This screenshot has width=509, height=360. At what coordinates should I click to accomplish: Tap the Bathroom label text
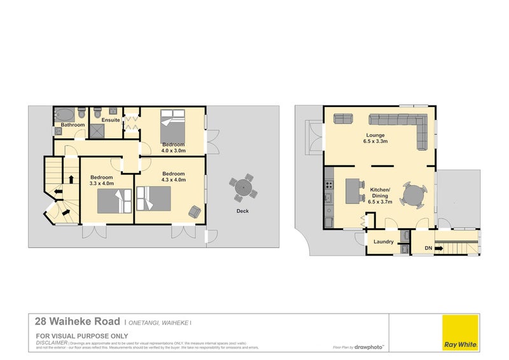click(x=73, y=125)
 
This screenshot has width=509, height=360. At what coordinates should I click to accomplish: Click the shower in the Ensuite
click(x=99, y=130)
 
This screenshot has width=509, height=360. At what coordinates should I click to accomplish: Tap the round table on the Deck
click(x=243, y=187)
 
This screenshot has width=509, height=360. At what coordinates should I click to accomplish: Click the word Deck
click(x=242, y=211)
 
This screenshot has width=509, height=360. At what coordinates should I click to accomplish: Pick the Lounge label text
click(x=374, y=135)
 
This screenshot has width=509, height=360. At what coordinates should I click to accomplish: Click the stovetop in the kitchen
click(x=329, y=185)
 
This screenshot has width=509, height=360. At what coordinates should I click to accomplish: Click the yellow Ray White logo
click(x=461, y=332)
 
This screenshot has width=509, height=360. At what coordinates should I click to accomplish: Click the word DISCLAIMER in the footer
click(x=52, y=342)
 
